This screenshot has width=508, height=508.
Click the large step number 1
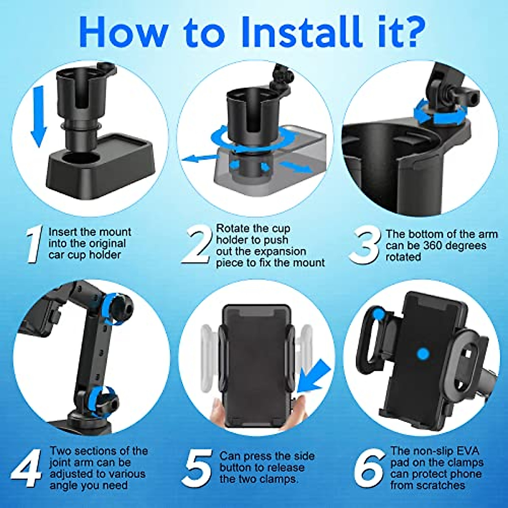coord(33,244)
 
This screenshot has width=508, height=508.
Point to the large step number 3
coord(364,246)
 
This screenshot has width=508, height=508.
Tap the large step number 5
coord(199,468)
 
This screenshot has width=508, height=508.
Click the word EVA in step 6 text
coord(465,451)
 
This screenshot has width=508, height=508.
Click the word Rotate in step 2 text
coord(232,229)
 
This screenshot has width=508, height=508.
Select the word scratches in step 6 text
coord(440,485)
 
